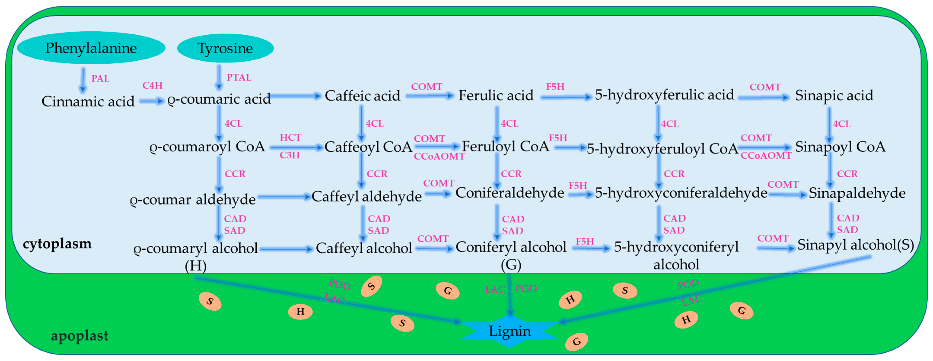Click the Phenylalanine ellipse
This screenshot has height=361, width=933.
tap(91, 48)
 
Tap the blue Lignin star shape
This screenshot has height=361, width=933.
tap(510, 331)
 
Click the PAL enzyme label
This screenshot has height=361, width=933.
tap(100, 78)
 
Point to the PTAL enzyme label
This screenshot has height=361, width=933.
tap(239, 77)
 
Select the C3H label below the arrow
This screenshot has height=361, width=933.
tap(290, 155)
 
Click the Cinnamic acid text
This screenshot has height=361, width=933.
tap(88, 101)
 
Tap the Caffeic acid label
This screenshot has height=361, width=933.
tap(362, 96)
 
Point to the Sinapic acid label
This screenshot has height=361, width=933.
tap(834, 95)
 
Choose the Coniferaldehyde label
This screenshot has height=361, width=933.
tap(510, 193)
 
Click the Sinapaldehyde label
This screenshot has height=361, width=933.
tap(857, 193)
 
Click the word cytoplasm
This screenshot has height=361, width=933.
tap(57, 244)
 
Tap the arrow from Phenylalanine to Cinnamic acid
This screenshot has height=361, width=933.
tap(83, 80)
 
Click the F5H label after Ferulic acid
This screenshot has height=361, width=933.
tap(555, 87)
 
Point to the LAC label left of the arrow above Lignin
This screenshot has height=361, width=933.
tap(495, 290)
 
